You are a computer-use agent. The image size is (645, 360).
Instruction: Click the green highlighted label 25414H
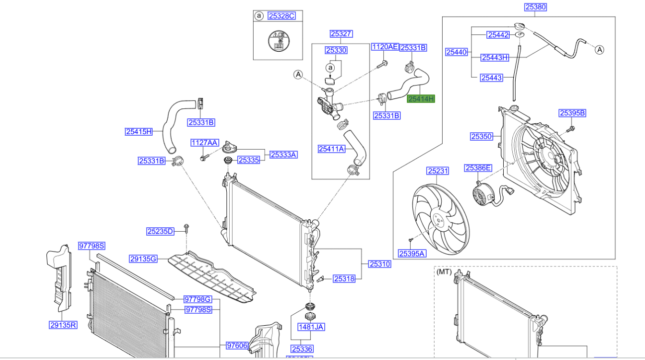click(421, 99)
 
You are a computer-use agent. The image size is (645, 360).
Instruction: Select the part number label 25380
click(536, 7)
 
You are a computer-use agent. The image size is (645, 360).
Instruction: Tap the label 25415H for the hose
click(138, 132)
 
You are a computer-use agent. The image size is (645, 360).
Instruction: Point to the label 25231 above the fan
click(438, 171)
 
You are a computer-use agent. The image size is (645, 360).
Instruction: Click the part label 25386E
click(478, 168)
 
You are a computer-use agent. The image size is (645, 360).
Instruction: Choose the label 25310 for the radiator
click(379, 264)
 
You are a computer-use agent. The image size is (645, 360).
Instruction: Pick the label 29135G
click(143, 259)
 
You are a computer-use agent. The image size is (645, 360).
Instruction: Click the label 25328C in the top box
click(281, 16)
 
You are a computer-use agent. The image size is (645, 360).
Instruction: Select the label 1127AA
click(204, 143)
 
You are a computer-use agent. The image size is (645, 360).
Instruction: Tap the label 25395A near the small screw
click(412, 254)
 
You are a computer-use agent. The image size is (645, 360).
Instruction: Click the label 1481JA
click(311, 327)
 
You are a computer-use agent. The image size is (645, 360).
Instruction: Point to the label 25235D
click(160, 231)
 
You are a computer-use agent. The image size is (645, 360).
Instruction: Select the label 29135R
click(63, 325)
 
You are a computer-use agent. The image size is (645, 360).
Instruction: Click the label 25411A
click(331, 148)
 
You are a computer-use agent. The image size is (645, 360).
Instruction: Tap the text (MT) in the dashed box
click(444, 272)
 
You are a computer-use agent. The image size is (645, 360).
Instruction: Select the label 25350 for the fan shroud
click(481, 136)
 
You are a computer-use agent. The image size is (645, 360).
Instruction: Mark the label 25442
click(498, 35)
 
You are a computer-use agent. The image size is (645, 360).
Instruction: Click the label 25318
click(344, 279)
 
